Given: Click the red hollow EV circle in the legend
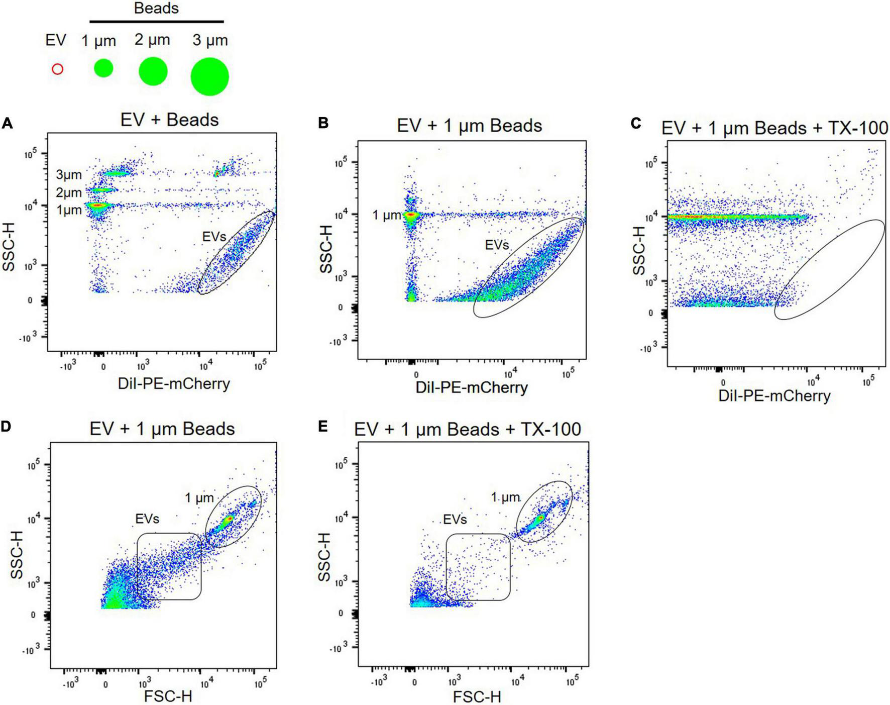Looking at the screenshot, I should (x=58, y=69).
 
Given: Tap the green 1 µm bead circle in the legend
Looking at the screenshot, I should (x=104, y=68).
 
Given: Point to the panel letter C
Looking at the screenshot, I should (x=636, y=123).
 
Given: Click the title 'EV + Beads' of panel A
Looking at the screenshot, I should (x=170, y=120).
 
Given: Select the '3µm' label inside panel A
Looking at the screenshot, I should (x=69, y=175).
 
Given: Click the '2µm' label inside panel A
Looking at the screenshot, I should (x=69, y=192).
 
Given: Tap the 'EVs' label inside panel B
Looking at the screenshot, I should (x=497, y=245).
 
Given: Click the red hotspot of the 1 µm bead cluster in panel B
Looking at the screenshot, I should (x=411, y=215).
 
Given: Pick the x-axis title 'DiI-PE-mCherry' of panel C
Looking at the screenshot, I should (x=774, y=396).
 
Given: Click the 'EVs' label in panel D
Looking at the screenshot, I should (x=147, y=518).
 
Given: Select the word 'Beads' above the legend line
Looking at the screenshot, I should (x=156, y=8).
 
